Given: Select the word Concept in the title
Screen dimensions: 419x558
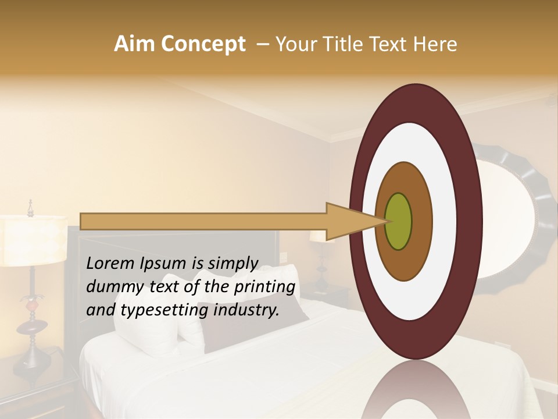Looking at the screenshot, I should point(203,45).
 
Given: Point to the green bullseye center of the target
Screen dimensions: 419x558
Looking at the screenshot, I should point(398,221).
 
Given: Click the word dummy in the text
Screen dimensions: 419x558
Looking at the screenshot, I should point(112,287).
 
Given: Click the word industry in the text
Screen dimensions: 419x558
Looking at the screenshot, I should point(245,310).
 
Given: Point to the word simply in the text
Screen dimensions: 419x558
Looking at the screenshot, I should point(232,264).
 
